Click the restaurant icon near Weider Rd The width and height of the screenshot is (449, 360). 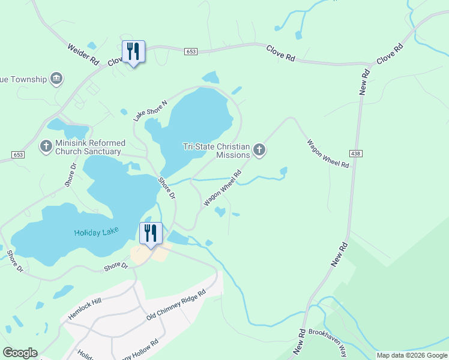133,52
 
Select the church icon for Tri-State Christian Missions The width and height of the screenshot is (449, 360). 259,150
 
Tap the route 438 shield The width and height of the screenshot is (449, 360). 358,154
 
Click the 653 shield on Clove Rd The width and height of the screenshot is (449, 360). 191,52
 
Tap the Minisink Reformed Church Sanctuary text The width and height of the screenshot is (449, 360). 90,147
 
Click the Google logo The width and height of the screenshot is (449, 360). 20,353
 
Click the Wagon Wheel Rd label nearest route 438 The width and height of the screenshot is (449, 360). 328,154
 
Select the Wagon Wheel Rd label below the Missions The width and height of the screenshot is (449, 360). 222,188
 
